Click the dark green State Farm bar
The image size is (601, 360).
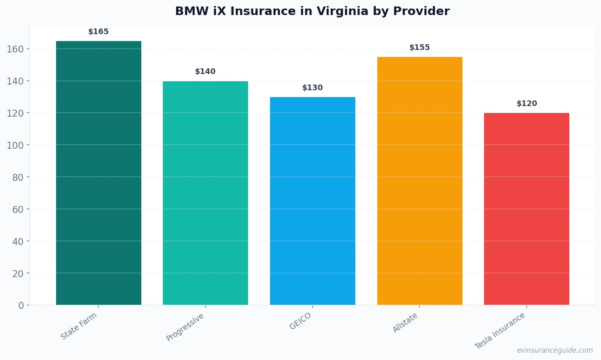[99, 173]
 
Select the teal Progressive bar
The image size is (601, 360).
[205, 193]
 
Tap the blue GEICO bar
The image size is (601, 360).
[313, 201]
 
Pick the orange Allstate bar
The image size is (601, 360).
[419, 181]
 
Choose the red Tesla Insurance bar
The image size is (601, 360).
[527, 209]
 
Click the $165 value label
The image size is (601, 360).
[98, 32]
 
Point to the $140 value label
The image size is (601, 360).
[205, 72]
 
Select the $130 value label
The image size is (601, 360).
[312, 88]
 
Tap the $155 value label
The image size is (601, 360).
[419, 48]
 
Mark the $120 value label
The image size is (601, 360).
[527, 104]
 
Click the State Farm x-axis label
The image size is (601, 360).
[79, 326]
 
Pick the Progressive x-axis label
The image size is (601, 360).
[185, 327]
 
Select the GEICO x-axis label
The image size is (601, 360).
[300, 321]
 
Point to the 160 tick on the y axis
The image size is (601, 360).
[15, 49]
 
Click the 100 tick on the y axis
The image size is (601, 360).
[15, 145]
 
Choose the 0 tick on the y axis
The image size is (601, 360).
[21, 306]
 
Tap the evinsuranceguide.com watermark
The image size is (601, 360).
[555, 350]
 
